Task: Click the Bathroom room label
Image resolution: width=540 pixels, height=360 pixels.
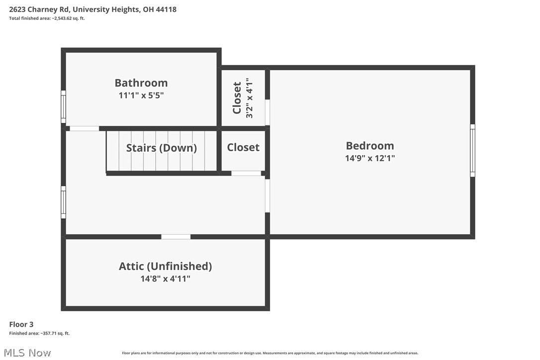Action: pos(141,83)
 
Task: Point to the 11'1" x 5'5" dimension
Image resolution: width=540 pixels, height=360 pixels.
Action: pos(141,95)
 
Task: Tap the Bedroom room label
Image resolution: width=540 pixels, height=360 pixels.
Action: pos(370,146)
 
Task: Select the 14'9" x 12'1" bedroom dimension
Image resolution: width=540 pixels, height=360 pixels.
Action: pos(370,158)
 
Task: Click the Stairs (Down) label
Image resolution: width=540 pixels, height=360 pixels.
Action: pos(161,148)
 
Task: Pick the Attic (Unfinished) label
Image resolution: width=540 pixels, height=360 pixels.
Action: pos(165,266)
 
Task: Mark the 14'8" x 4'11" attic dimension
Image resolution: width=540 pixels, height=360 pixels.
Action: pos(165,279)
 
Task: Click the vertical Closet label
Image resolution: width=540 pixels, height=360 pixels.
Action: pos(237,98)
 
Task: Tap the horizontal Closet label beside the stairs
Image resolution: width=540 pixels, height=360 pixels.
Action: pos(243,147)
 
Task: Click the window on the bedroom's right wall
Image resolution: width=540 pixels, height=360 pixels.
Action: pos(472,151)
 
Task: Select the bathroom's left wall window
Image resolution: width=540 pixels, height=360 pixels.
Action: pos(63,106)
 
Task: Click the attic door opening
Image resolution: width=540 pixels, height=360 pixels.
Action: pos(176,237)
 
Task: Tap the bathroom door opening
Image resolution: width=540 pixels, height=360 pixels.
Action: pos(84,128)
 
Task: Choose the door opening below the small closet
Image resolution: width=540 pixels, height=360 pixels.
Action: pos(246,173)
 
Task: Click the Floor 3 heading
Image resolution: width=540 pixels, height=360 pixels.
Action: pos(21,324)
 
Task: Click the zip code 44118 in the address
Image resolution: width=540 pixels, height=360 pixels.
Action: pos(166,9)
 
